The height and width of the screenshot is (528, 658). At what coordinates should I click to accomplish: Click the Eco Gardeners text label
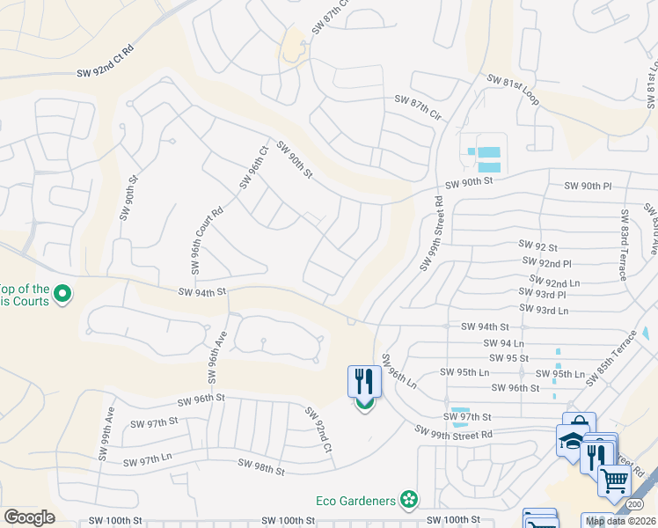coord(355,501)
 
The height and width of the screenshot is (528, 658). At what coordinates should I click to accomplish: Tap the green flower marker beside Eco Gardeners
coord(408,501)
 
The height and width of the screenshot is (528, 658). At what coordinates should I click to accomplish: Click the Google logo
coord(29,517)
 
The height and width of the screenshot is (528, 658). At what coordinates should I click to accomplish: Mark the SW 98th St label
coord(261,466)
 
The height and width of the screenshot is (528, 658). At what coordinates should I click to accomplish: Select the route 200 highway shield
coord(647,502)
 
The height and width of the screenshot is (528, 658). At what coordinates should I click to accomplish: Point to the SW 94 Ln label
coord(504,342)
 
